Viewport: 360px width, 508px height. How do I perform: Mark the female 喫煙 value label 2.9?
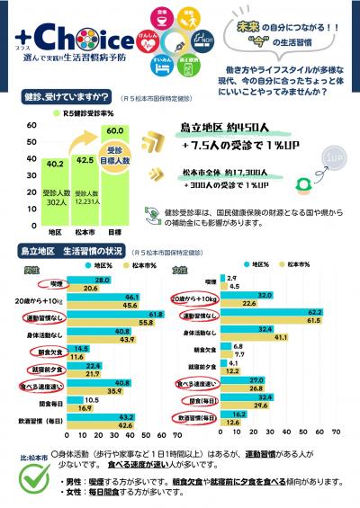click(x=230, y=279)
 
